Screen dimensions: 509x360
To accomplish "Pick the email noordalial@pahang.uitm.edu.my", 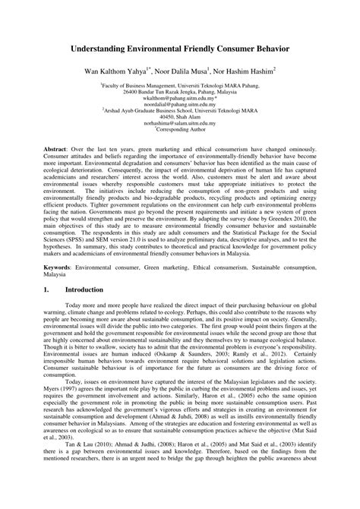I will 180,105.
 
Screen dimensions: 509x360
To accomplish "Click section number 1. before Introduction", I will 46,289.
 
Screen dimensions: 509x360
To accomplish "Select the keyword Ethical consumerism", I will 220,269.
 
